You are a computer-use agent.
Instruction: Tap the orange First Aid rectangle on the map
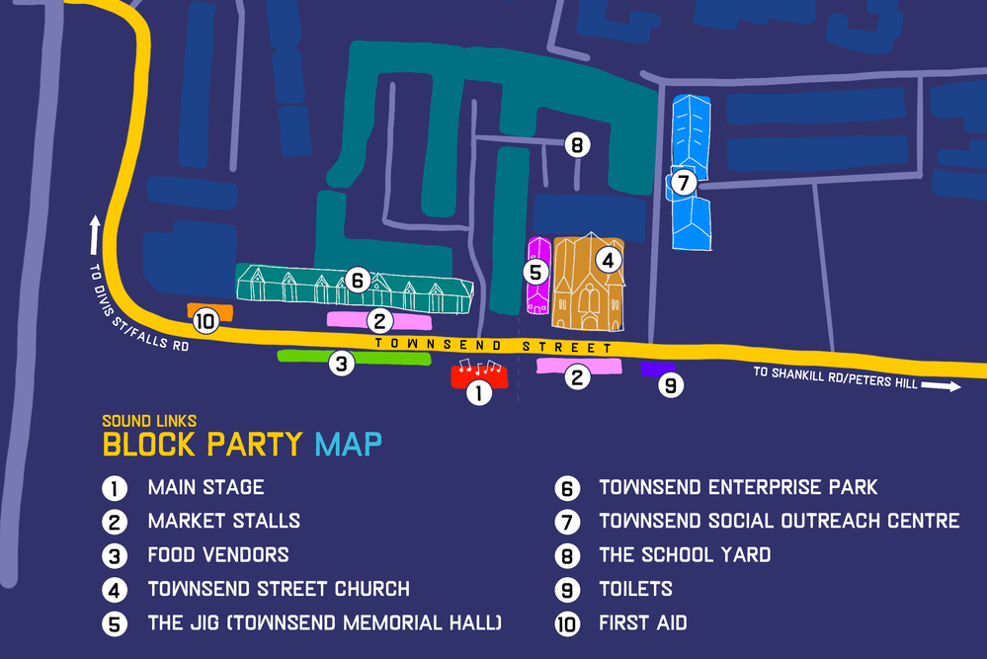coord(210,310)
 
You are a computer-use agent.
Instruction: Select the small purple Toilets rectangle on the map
coord(656,369)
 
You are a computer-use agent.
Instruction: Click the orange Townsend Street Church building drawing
coord(589,286)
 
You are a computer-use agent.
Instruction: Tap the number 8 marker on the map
coord(577,146)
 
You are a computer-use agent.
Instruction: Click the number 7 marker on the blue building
coord(683,183)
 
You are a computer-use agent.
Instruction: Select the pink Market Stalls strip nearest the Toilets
coord(579,366)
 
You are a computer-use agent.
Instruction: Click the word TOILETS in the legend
coord(635,589)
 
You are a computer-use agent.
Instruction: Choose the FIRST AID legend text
coord(642,622)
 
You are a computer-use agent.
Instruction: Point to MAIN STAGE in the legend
coord(206,487)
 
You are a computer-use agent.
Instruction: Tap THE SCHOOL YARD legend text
coord(685,554)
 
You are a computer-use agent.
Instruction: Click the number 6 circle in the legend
coord(567,488)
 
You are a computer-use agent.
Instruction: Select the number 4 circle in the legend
coord(115,590)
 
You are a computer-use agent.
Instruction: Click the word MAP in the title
coord(348,445)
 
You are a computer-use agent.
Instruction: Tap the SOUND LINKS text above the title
coord(149,421)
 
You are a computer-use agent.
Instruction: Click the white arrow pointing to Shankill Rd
coord(942,386)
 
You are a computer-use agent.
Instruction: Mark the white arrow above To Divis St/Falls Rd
coord(95,236)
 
